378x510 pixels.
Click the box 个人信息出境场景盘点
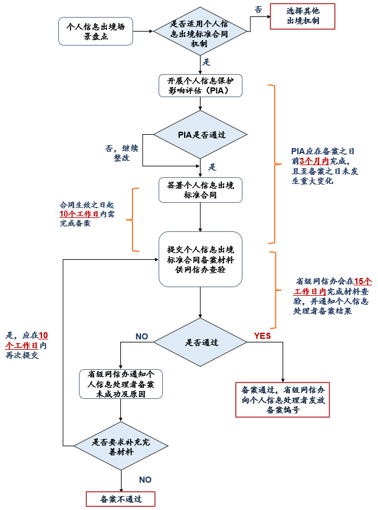pyautogui.click(x=96, y=31)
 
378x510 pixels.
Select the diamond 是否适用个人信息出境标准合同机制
pyautogui.click(x=200, y=32)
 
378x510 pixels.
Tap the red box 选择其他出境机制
pyautogui.click(x=303, y=16)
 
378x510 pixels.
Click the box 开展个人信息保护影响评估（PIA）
pyautogui.click(x=201, y=86)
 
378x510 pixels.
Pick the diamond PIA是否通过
pyautogui.click(x=201, y=134)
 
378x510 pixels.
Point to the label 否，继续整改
pyautogui.click(x=122, y=153)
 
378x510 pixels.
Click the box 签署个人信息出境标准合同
pyautogui.click(x=201, y=190)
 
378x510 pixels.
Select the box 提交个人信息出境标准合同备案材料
pyautogui.click(x=201, y=259)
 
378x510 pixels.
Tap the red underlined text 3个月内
pyautogui.click(x=314, y=161)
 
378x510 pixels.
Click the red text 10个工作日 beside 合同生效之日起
pyautogui.click(x=79, y=214)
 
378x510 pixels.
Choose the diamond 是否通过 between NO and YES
pyautogui.click(x=200, y=342)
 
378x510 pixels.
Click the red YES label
pyautogui.click(x=263, y=336)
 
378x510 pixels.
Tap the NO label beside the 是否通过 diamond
pyautogui.click(x=142, y=336)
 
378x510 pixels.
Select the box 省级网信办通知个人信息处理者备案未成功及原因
pyautogui.click(x=121, y=384)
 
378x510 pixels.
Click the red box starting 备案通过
pyautogui.click(x=283, y=399)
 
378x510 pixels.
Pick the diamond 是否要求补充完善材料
pyautogui.click(x=121, y=446)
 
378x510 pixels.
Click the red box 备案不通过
pyautogui.click(x=121, y=499)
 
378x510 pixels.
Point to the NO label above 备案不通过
pyautogui.click(x=145, y=480)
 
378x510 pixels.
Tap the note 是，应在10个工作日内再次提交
pyautogui.click(x=27, y=345)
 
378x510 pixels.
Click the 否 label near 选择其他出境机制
pyautogui.click(x=258, y=10)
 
